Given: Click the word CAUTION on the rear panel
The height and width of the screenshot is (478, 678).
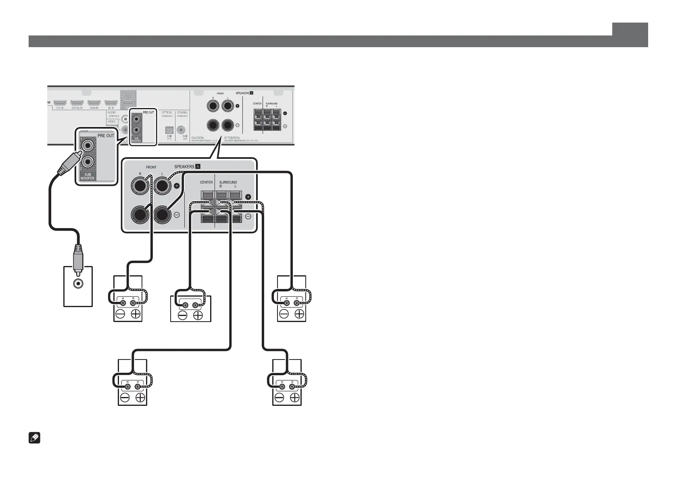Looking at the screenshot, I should click(198, 138).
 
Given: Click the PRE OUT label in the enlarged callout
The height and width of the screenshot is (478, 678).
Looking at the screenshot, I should click(106, 136).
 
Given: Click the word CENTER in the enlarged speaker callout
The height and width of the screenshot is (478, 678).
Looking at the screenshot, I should click(207, 183).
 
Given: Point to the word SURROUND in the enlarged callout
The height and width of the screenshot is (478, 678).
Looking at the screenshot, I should click(228, 183).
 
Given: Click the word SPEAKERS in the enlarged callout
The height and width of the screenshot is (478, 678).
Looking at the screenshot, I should click(184, 167).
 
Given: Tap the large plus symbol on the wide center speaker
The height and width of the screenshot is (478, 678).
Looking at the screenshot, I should click(198, 316).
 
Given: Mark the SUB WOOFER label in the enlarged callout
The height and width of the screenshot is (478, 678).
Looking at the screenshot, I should click(88, 177).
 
